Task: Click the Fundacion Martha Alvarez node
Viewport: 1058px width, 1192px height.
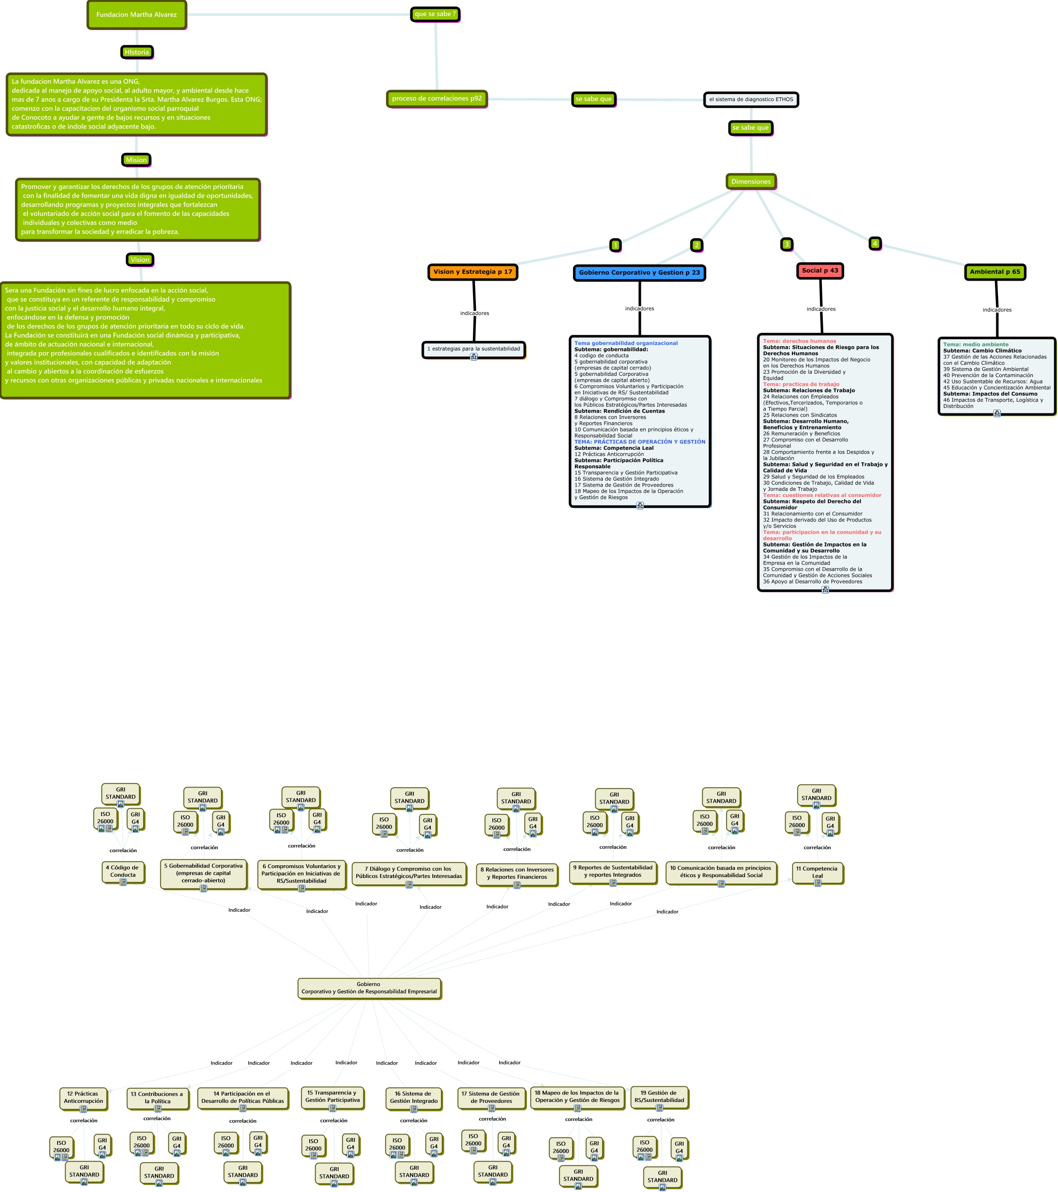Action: point(137,14)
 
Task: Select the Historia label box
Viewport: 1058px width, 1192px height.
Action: point(137,52)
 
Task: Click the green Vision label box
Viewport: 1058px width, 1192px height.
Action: point(140,260)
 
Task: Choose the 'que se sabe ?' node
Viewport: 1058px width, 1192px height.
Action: point(435,14)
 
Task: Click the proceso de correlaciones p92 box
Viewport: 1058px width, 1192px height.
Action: point(437,98)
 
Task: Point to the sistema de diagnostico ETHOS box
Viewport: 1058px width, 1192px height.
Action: point(751,100)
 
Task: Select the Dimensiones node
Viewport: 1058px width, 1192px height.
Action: point(751,181)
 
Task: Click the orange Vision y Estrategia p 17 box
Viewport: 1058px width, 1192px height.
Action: point(473,272)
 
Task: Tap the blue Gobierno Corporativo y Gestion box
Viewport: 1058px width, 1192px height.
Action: point(639,272)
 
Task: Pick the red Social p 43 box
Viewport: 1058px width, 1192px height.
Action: point(820,271)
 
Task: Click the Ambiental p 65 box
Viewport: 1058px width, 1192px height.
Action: point(995,272)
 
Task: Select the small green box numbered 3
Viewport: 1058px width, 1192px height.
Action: point(787,244)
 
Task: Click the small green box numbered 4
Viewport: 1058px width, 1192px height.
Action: point(875,243)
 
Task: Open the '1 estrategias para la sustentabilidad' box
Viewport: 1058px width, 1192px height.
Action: point(473,349)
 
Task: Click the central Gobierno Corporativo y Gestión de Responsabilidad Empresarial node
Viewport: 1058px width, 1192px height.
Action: point(369,987)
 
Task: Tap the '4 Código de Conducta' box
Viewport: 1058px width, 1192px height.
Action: point(123,871)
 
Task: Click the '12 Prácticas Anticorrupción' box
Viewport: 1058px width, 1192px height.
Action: point(83,1097)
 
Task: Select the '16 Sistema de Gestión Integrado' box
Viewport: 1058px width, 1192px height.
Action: point(413,1097)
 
